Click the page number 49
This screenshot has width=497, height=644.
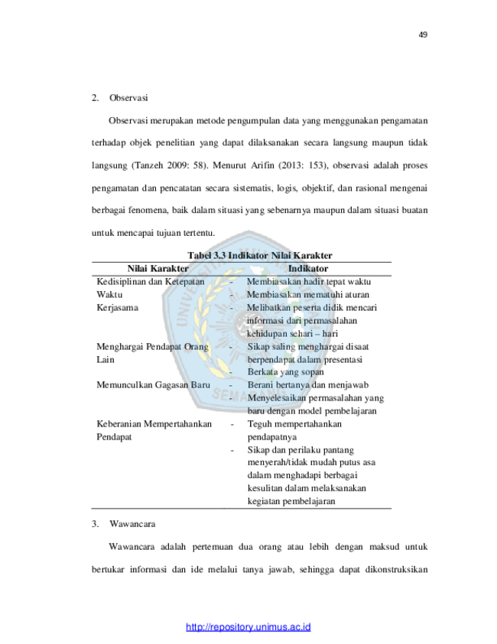click(423, 35)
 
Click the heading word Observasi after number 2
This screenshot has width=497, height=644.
click(128, 98)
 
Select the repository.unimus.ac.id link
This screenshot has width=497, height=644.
click(248, 627)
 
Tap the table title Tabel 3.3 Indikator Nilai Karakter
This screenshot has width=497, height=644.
click(259, 256)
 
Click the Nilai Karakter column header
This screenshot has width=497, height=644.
click(158, 269)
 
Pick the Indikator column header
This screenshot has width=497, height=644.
click(308, 269)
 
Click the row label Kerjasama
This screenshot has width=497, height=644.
click(117, 308)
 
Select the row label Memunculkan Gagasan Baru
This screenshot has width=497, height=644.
click(153, 385)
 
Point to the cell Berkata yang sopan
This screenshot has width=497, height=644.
click(285, 371)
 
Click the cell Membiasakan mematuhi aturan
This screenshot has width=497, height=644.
click(308, 295)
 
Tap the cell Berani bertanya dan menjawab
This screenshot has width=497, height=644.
click(308, 385)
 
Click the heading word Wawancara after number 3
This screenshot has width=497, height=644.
click(132, 524)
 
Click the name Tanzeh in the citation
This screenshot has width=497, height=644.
click(149, 165)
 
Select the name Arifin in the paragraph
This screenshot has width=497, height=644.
click(262, 165)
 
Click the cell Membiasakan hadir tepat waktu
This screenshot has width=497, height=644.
click(309, 282)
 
